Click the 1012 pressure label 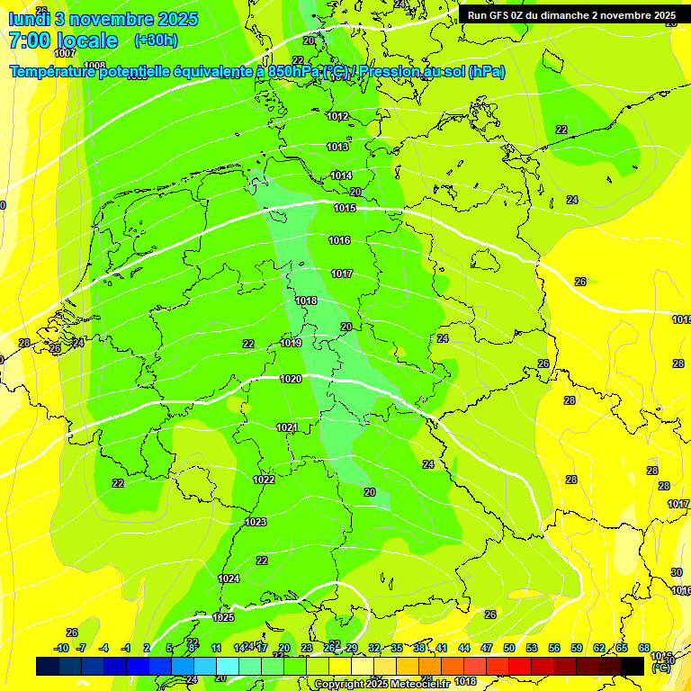point(338,116)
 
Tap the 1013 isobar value point(338,147)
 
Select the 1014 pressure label point(341,176)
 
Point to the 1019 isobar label point(291,343)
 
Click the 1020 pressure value point(291,379)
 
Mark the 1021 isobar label point(287,426)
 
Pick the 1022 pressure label point(264,480)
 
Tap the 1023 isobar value point(256,522)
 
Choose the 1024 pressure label point(229,579)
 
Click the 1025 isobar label point(223,617)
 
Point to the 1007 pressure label point(65,53)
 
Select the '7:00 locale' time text point(62,40)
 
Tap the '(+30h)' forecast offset point(156,40)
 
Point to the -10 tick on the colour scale point(62,648)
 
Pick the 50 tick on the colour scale point(509,648)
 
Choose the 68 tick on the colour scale point(644,648)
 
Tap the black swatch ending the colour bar point(633,666)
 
